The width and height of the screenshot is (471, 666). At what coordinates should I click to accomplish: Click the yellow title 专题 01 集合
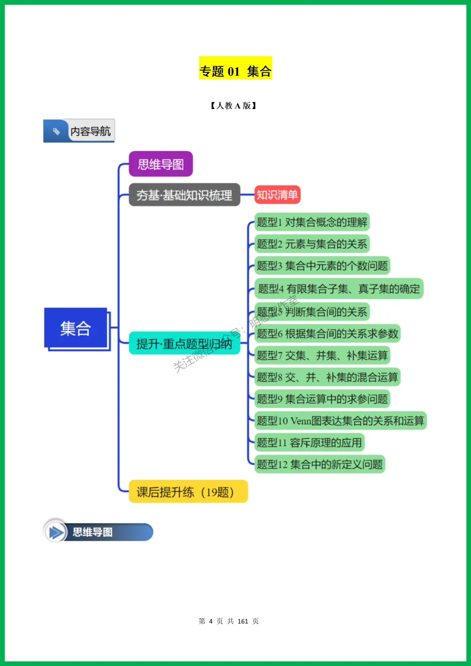coord(235,71)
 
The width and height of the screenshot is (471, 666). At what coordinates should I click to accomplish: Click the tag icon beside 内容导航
coord(56,131)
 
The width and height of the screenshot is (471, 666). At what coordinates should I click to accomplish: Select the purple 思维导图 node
coord(161,164)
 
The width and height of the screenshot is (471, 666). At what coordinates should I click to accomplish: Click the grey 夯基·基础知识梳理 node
coord(184,195)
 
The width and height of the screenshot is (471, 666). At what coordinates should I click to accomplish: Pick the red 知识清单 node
coord(277,195)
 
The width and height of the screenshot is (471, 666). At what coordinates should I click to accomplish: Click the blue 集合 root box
coord(76,328)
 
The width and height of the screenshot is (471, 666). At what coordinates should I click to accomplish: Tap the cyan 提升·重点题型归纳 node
coord(184,344)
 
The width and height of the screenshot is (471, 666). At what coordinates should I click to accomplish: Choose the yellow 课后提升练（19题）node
coord(188,492)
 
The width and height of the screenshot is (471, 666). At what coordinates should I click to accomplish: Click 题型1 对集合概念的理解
coord(312,222)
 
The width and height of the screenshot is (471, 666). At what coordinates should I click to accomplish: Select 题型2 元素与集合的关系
coord(312,244)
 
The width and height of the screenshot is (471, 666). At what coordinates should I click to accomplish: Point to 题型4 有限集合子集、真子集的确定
coord(338,289)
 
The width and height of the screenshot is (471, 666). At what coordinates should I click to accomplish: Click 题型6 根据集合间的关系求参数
coord(327,334)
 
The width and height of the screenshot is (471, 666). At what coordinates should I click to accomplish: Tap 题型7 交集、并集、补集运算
coord(322,355)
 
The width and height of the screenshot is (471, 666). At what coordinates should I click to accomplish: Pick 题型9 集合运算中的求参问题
coord(322,399)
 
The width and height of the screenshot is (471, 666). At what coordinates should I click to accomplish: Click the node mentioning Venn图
coord(340,420)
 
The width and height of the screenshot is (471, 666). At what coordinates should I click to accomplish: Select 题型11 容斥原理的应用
coord(309,443)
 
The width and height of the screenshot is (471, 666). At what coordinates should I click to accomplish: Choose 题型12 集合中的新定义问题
coord(320,464)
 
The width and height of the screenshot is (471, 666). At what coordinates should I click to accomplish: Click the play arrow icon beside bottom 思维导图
coord(55,532)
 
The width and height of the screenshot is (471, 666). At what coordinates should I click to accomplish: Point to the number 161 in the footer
coord(243,621)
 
